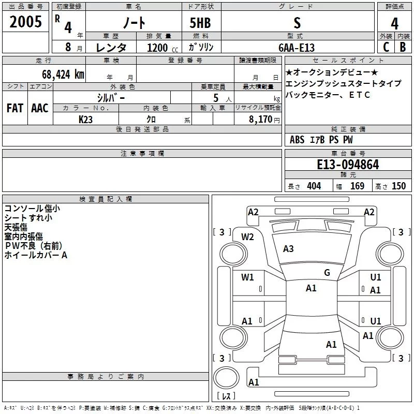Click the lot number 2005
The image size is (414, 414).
point(25,22)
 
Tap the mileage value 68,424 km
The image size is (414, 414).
point(63,75)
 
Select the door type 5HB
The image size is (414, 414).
point(200,23)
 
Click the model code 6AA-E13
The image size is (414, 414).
point(297,48)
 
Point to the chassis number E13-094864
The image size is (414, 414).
point(348,165)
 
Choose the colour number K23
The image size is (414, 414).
point(85,120)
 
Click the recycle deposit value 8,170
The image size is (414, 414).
point(260,119)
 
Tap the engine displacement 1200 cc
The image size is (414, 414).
point(162,48)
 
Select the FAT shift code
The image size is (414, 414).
point(15,108)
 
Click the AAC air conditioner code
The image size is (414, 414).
point(40,108)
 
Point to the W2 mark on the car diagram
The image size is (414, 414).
point(247,237)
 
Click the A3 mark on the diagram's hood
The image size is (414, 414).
point(288,249)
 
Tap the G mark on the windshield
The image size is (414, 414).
point(327,272)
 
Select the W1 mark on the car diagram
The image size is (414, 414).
point(247,277)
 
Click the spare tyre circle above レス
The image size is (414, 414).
point(226,378)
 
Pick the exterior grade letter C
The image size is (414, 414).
point(386,47)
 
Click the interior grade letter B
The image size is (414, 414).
point(403,47)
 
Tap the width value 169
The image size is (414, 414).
point(357,186)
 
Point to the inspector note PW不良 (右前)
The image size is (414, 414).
point(34,246)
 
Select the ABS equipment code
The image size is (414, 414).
point(297,140)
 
